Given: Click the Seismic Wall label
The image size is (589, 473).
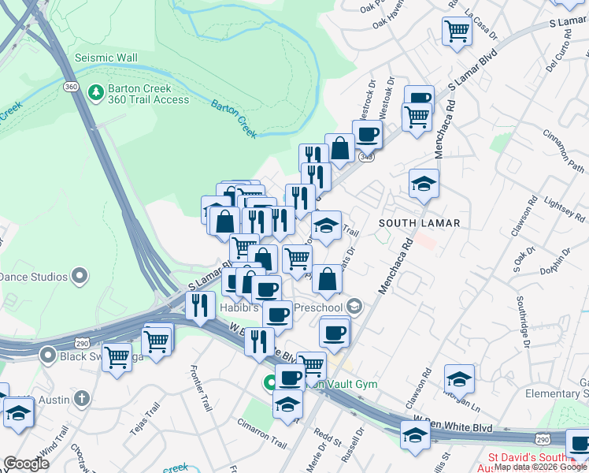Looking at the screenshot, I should (106, 58).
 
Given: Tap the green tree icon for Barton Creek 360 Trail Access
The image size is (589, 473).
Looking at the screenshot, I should (96, 93).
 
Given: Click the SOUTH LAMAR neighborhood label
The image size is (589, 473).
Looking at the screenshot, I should (419, 223).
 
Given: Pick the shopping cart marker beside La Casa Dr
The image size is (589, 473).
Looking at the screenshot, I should (457, 32).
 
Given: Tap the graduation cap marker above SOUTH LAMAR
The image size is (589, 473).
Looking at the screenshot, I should (424, 184).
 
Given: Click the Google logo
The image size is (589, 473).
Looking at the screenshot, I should (26, 464).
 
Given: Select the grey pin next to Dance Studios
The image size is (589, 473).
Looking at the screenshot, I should (79, 276).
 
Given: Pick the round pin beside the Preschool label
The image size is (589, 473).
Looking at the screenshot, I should (355, 307).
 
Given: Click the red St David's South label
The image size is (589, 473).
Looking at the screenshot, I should (535, 457).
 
